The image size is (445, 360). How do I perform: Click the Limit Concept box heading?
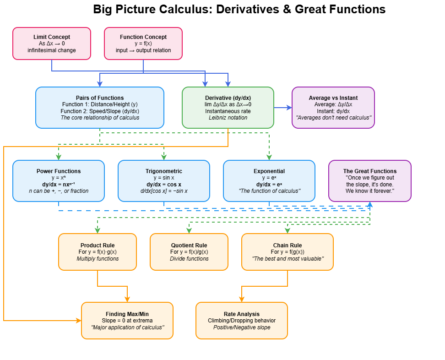click(52, 37)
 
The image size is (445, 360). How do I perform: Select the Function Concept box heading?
click(143, 37)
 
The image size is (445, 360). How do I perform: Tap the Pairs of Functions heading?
click(100, 98)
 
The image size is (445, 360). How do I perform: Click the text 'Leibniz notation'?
click(228, 118)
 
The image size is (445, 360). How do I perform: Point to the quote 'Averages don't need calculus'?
click(333, 118)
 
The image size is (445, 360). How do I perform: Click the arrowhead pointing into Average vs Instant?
click(289, 108)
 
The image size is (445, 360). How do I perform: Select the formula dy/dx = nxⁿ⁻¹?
click(59, 184)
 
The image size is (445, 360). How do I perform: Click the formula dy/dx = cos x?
click(164, 184)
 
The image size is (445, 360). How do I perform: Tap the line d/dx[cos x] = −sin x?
click(164, 191)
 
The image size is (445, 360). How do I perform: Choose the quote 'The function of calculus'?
click(269, 191)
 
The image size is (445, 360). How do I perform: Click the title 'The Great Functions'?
click(370, 171)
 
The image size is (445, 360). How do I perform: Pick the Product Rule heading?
click(98, 245)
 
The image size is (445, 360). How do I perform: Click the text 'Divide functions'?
click(189, 259)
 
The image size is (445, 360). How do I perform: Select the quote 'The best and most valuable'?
click(288, 259)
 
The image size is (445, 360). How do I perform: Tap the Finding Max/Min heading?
click(127, 314)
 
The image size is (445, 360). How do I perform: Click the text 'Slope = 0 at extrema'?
click(127, 321)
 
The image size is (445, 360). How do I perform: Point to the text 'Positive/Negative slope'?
click(242, 327)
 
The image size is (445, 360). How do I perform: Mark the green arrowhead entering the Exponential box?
click(269, 157)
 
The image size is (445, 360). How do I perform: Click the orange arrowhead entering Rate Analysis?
click(242, 299)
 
